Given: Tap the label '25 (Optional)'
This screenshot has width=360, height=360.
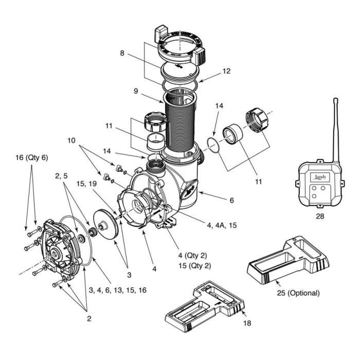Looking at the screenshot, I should click(x=296, y=294).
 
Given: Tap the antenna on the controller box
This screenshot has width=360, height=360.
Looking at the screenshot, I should click(x=336, y=129).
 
